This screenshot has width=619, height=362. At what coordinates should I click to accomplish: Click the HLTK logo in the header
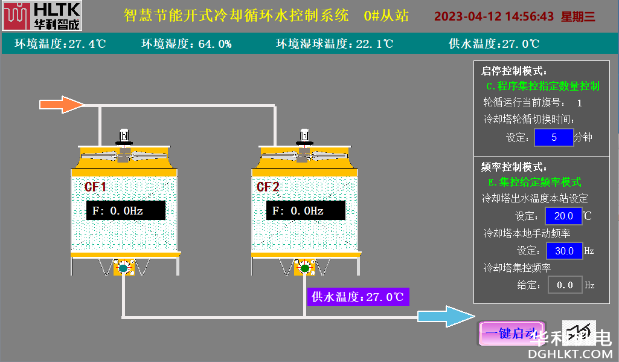pyautogui.click(x=42, y=16)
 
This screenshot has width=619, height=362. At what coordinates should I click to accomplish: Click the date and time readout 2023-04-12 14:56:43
pyautogui.click(x=493, y=16)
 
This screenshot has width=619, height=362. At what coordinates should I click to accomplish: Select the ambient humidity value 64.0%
pyautogui.click(x=215, y=44)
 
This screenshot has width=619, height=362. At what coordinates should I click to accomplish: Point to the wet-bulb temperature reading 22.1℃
pyautogui.click(x=374, y=44)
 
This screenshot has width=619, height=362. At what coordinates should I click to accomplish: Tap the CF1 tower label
pyautogui.click(x=95, y=187)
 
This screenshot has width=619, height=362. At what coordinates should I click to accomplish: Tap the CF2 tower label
pyautogui.click(x=268, y=187)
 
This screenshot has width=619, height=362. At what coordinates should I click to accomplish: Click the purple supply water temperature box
pyautogui.click(x=358, y=297)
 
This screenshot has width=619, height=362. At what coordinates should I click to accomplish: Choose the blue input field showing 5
pyautogui.click(x=554, y=137)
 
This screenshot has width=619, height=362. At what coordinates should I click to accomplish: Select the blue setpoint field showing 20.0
pyautogui.click(x=563, y=216)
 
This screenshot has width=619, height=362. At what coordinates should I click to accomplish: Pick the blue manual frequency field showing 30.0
pyautogui.click(x=564, y=250)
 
